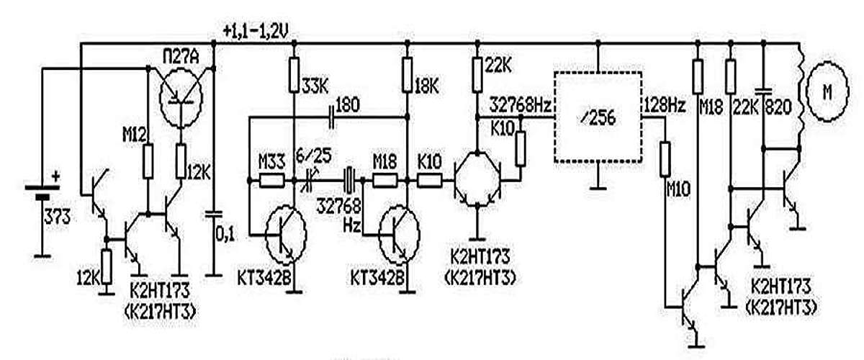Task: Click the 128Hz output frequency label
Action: [x=665, y=105]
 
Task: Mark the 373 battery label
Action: [x=58, y=215]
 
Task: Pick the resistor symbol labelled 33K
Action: [x=294, y=75]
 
